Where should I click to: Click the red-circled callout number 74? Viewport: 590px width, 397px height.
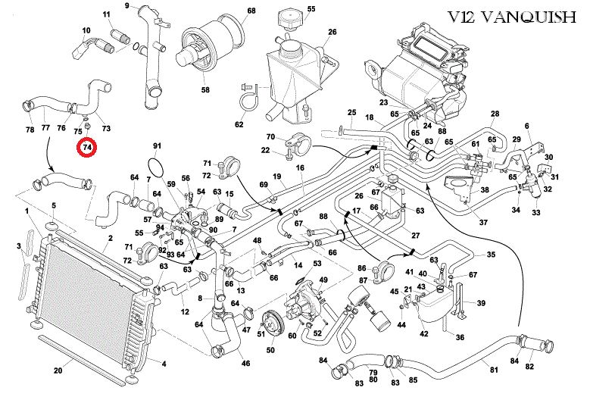tap(87, 145)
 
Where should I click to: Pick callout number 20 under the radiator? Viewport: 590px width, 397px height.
tap(58, 371)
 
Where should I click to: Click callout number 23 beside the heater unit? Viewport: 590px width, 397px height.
tap(384, 102)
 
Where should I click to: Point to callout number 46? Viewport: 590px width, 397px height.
tap(245, 364)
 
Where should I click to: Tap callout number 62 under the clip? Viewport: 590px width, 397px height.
tap(239, 124)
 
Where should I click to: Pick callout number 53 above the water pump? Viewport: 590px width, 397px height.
tap(317, 263)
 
